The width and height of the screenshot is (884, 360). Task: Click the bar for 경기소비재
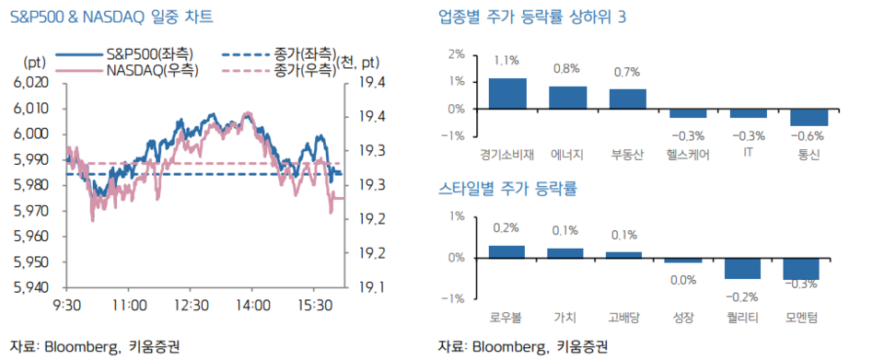coord(507,94)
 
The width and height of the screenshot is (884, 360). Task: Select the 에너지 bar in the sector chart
coord(567,98)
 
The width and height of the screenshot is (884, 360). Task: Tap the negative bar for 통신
coord(808,117)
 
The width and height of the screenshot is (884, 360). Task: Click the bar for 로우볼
coord(507,251)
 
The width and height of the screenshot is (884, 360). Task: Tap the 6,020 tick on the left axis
coord(30,82)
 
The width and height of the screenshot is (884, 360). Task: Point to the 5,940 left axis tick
coord(30,287)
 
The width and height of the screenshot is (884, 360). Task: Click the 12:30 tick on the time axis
coord(192,305)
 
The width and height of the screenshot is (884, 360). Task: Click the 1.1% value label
coord(506,61)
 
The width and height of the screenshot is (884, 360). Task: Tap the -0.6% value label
coord(808,137)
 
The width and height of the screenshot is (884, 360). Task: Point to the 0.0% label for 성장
coord(684,280)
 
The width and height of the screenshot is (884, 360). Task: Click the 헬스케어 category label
coord(688,155)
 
